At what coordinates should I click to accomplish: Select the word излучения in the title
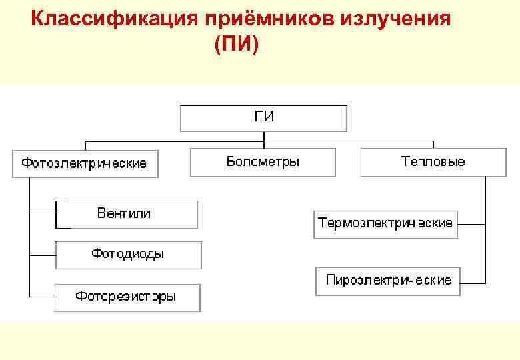tap(395, 19)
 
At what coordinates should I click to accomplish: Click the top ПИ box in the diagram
tap(264, 118)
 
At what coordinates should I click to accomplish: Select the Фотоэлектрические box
tap(85, 163)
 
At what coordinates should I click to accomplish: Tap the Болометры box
tap(263, 162)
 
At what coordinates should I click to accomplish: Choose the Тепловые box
tap(433, 162)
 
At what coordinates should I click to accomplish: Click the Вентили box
tap(127, 214)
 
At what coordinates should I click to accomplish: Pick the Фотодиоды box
tap(128, 255)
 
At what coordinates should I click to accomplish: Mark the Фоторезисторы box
tap(127, 297)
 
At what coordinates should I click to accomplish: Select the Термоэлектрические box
tap(385, 223)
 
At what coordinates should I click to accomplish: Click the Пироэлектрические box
tap(388, 281)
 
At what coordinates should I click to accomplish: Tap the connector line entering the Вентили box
tap(43, 214)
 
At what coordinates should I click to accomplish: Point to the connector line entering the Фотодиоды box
tap(43, 255)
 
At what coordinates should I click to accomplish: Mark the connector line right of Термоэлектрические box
tap(471, 223)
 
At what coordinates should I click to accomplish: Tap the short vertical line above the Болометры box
tap(264, 145)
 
